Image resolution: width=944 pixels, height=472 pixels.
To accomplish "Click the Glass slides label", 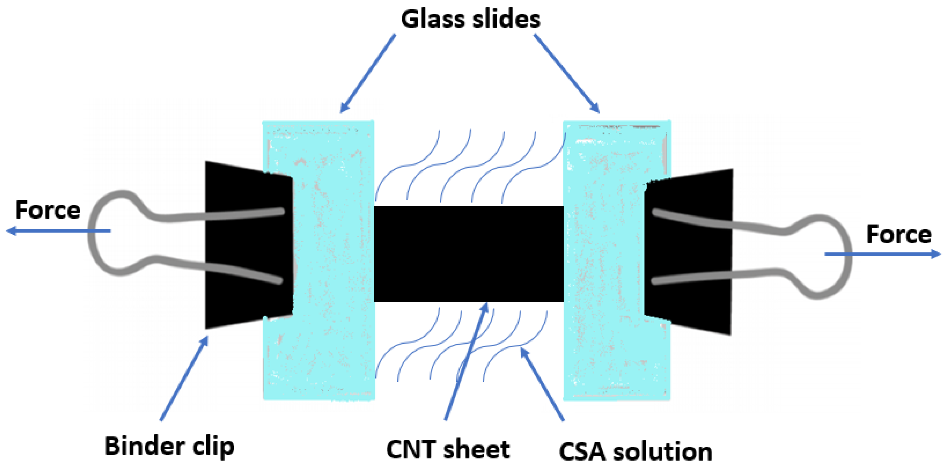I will [470, 19].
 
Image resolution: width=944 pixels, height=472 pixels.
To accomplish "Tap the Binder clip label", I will [169, 446].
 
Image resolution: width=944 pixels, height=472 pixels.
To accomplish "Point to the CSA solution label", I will [636, 452].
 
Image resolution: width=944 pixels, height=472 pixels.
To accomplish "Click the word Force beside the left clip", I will [48, 210].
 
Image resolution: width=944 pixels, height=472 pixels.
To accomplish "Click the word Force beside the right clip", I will [899, 235].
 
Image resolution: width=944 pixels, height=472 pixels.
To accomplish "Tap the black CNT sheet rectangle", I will [468, 254].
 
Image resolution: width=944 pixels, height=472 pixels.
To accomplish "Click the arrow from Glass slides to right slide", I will [566, 73].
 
